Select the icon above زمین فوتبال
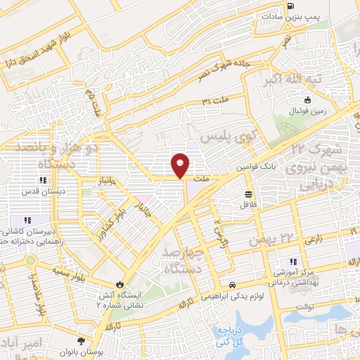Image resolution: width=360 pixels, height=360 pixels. pos(307,100)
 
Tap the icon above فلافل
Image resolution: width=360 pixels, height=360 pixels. pos(248,193)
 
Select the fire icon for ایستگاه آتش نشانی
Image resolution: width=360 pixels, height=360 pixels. pos(120,285)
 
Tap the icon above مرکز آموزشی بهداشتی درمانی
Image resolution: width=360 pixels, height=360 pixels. pos(293,261)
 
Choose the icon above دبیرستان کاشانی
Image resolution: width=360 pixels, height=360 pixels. pos(27,220)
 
